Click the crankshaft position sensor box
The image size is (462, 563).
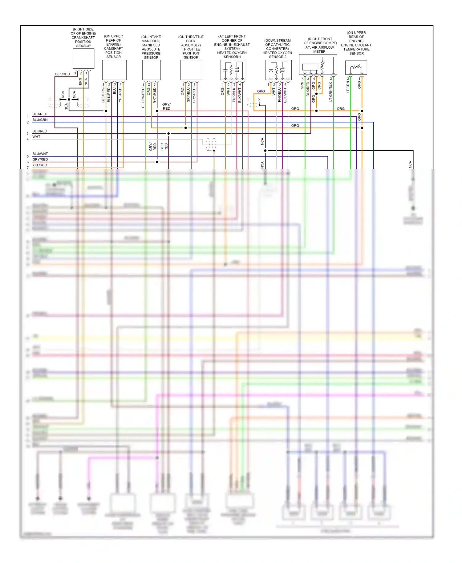(x=83, y=59)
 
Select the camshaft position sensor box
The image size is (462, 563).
(x=114, y=70)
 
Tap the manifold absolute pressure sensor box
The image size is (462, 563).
(x=151, y=70)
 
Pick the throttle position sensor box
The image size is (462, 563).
(x=191, y=70)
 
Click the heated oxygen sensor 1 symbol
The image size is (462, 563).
(x=233, y=70)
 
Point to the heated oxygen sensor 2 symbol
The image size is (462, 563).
(x=278, y=70)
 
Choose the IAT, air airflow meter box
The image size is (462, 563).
(x=318, y=64)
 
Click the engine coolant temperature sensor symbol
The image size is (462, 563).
(x=356, y=67)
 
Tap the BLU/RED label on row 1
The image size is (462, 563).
(x=40, y=114)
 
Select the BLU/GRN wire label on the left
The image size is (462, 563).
(x=40, y=120)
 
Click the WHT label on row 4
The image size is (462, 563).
(x=36, y=137)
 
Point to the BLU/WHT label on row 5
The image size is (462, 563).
(x=40, y=154)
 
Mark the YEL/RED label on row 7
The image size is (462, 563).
(x=40, y=165)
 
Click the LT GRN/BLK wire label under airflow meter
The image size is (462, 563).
(x=331, y=92)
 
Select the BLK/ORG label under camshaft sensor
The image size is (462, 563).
(x=103, y=95)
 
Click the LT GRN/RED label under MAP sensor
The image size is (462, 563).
(x=143, y=98)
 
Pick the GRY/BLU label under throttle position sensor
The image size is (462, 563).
(x=188, y=95)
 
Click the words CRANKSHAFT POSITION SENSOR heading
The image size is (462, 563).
(x=83, y=42)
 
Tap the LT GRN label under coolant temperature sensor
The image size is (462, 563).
(x=348, y=87)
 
